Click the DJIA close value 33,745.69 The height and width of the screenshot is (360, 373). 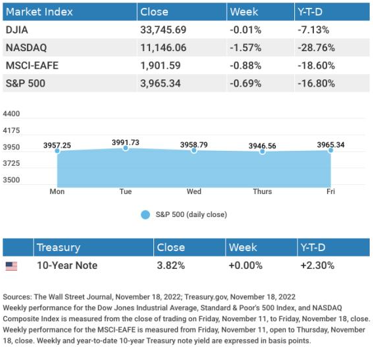coord(163,30)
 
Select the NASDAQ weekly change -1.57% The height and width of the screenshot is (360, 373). coord(245,48)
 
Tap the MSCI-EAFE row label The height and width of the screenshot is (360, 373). coord(32,66)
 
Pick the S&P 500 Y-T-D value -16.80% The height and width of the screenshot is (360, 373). coord(316,83)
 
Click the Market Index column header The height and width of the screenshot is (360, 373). coord(39,12)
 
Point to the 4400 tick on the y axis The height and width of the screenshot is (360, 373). coord(11,113)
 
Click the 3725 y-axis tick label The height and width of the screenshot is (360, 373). coord(11,163)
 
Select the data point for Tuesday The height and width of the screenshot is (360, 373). coord(126,148)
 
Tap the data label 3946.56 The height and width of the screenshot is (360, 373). coord(262,146)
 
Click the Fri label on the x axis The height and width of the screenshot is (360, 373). coord(330,191)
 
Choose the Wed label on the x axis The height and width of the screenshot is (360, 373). coord(194,191)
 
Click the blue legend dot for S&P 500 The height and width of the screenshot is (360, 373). coord(146,214)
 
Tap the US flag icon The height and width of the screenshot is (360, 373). coord(11,266)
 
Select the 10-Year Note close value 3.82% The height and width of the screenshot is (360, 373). coord(171,266)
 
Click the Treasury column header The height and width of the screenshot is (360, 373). coord(58,247)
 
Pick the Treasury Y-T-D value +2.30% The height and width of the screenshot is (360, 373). coord(317,266)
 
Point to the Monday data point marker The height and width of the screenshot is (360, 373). coord(57,151)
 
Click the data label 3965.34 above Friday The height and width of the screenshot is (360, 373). coord(330,145)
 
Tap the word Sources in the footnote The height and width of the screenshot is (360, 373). coord(17,297)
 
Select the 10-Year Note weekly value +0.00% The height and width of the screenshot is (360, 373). coord(245,266)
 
